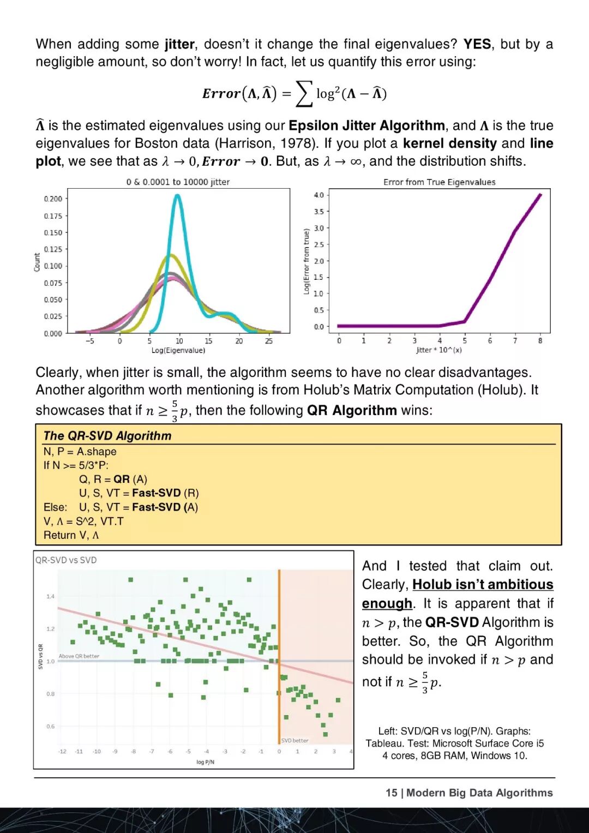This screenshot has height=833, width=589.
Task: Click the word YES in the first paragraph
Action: (477, 44)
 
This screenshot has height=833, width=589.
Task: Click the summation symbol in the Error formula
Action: (304, 93)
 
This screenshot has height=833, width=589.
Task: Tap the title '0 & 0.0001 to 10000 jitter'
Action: (178, 182)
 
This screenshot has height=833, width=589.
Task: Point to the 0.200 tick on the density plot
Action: (53, 199)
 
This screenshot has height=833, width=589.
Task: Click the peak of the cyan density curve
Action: (177, 196)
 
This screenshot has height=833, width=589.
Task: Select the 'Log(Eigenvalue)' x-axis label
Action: (178, 350)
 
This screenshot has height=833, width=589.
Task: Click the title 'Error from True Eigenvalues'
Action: (439, 182)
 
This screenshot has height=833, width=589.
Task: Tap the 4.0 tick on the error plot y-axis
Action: (318, 195)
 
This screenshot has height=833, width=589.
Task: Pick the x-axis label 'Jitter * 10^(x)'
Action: (438, 350)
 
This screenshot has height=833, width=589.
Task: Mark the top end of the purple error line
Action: (540, 195)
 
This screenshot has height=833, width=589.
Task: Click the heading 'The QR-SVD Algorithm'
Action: (107, 435)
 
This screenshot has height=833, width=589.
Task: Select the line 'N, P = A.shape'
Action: (80, 451)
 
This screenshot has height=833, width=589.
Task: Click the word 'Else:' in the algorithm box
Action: (55, 507)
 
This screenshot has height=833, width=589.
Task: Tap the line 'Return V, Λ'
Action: (71, 535)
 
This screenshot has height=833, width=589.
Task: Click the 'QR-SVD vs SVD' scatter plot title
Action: (66, 560)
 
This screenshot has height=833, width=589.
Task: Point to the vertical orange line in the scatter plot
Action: (279, 655)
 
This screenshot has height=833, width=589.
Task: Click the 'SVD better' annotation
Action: (294, 740)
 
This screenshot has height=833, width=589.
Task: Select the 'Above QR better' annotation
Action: (79, 656)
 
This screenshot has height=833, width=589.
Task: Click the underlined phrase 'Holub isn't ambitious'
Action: (483, 584)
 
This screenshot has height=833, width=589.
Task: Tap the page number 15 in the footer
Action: (391, 793)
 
